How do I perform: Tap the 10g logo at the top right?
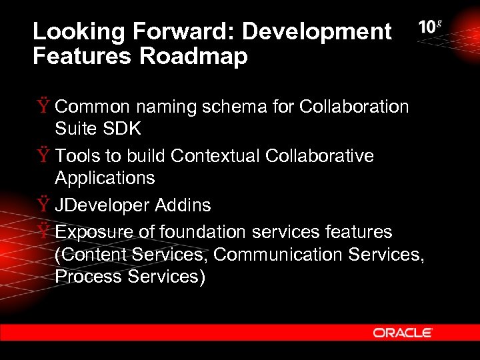tap(430, 28)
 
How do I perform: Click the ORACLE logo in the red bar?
tap(403, 333)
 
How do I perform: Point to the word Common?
tap(91, 107)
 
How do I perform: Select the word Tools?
tap(75, 156)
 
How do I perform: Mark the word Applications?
tap(105, 178)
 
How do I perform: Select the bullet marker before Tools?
tap(43, 156)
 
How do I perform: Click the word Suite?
tap(74, 129)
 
